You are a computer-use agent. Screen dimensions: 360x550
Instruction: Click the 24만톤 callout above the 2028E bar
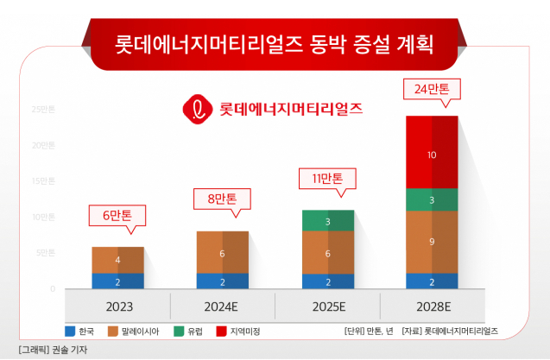pos(433,88)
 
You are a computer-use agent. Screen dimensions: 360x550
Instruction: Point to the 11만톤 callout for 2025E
pos(327,180)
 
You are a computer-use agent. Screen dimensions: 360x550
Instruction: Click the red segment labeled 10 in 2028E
pos(432,155)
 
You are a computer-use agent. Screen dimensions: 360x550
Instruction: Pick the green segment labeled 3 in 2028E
pos(432,199)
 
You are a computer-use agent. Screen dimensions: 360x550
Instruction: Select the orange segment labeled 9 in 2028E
pos(432,242)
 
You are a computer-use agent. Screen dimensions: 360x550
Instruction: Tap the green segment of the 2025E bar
pos(327,221)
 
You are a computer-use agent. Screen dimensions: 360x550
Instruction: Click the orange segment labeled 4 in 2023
pos(118,259)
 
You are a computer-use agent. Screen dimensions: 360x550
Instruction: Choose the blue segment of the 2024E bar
pos(223,281)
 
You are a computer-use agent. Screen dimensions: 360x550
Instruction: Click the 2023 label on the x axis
pos(118,306)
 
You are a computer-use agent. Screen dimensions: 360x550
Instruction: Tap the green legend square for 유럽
pos(178,331)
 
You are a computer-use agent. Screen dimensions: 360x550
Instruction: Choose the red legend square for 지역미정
pos(221,331)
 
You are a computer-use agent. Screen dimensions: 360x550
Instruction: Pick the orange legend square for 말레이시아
pos(112,331)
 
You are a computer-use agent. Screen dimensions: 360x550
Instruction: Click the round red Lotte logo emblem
pos(197,109)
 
